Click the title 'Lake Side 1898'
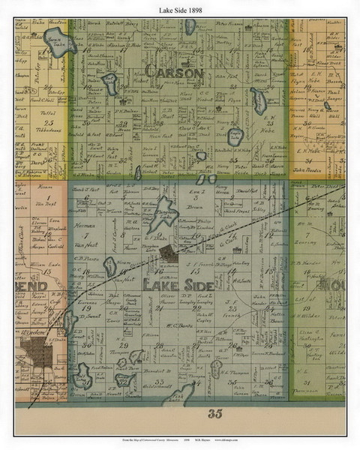tap(180, 6)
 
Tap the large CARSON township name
tap(174, 73)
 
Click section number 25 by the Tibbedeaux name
tap(50, 122)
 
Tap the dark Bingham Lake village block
tap(172, 254)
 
